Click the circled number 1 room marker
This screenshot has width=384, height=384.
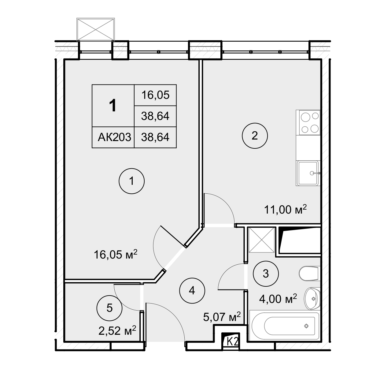coord(131,181)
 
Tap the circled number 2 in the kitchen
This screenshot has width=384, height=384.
coord(255,136)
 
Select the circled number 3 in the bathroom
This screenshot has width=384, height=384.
coord(266,274)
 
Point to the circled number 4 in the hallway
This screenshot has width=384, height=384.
coord(192,291)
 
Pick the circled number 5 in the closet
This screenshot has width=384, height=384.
coord(109,308)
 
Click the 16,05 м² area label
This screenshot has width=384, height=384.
coord(116,255)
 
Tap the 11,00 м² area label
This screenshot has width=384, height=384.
coord(285,210)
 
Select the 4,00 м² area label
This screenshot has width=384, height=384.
coord(278,299)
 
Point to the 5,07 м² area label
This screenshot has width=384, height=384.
coord(222,317)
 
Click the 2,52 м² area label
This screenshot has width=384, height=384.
coord(117,331)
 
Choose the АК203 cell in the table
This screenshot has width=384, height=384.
coord(114,137)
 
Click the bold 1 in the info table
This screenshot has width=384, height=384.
coord(113,106)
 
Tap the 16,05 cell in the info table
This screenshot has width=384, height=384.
coord(155,95)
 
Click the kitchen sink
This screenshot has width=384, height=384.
coord(308,173)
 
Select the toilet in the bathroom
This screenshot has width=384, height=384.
coord(310,273)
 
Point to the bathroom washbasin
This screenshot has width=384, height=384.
coord(312,299)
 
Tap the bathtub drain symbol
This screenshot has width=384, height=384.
coord(306,326)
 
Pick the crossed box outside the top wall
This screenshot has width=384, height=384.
coord(96,29)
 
